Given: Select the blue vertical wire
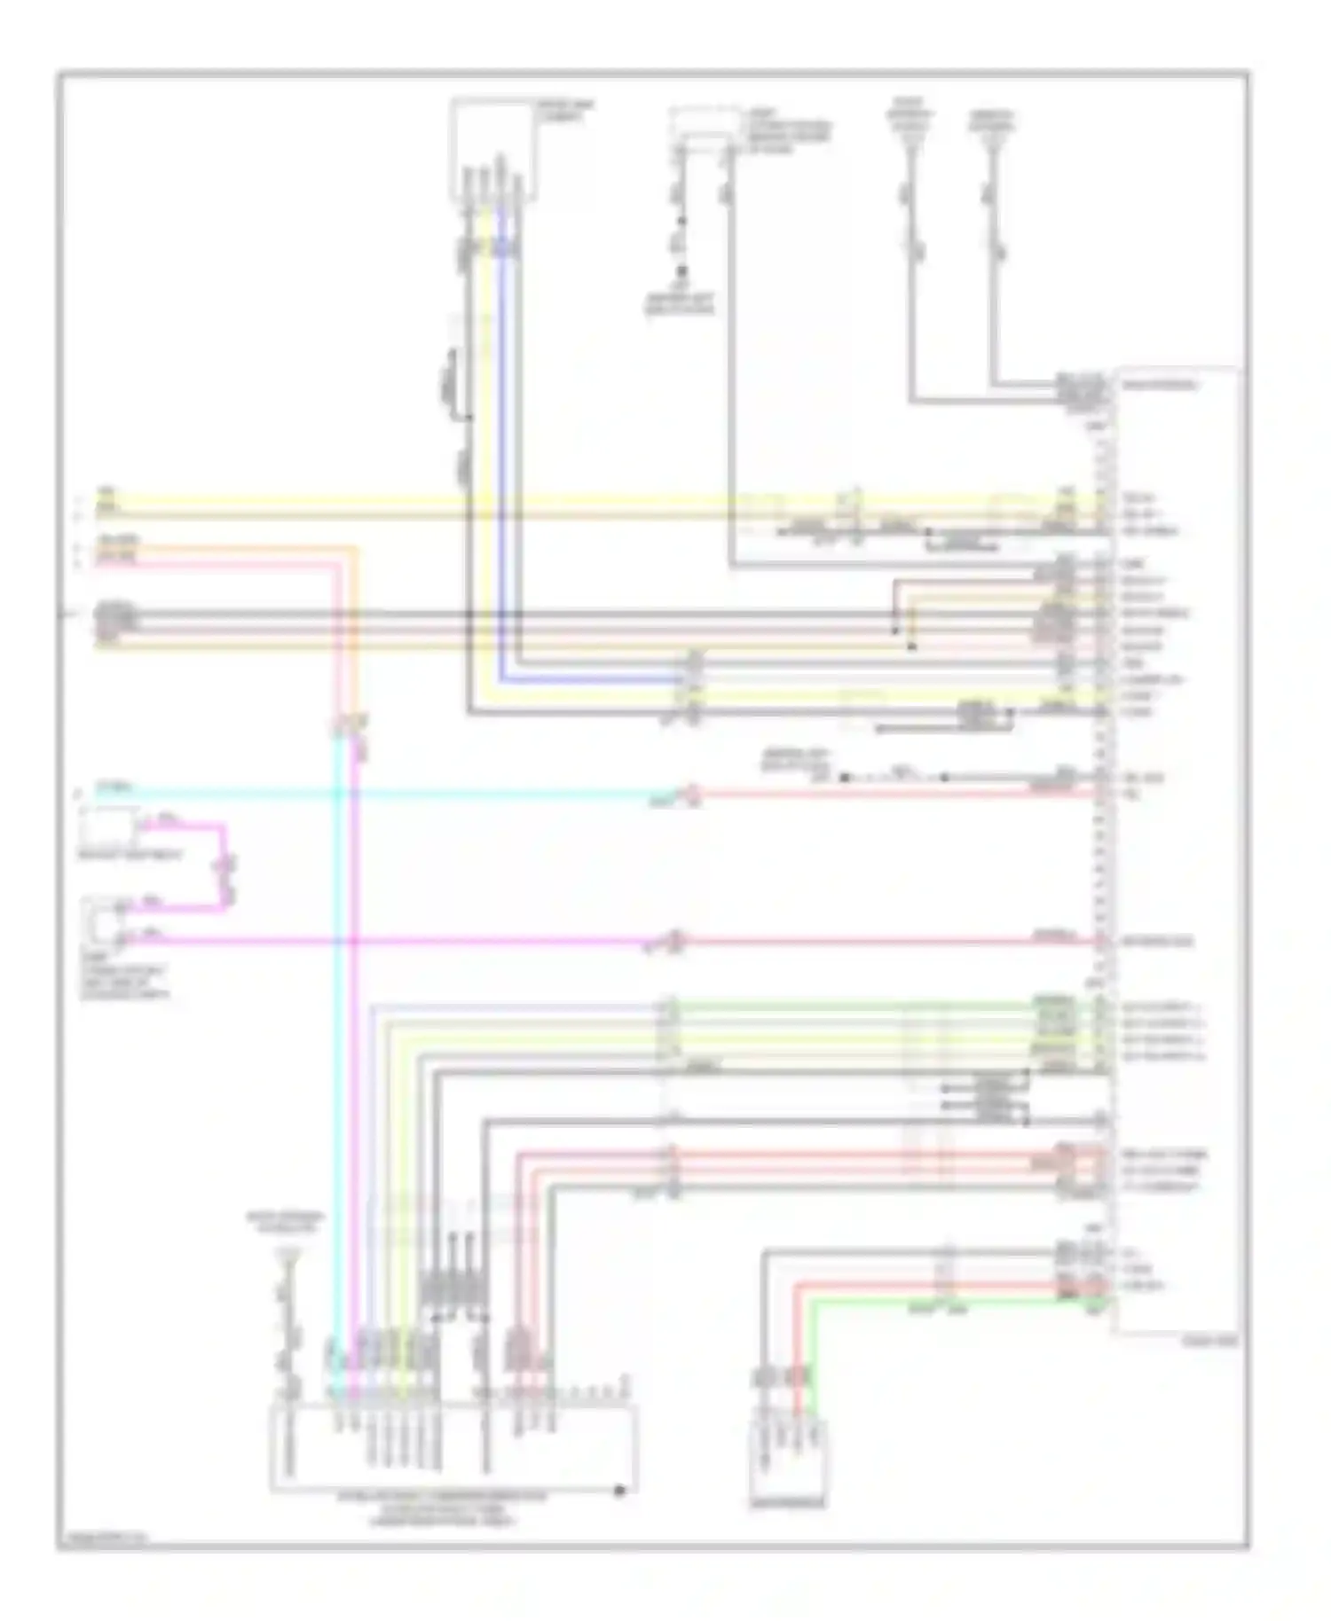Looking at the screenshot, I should tap(501, 443).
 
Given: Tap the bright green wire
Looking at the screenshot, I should tap(932, 1301).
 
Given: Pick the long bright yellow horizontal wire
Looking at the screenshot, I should tap(532, 499).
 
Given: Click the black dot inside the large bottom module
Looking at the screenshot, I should tap(619, 1490).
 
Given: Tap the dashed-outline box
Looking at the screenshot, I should tap(705, 127).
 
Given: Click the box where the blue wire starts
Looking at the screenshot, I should tap(493, 149).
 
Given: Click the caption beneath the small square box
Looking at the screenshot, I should tap(130, 856).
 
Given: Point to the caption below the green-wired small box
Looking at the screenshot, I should tap(788, 1503).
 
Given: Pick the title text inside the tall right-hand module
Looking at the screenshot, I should tap(1159, 385).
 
